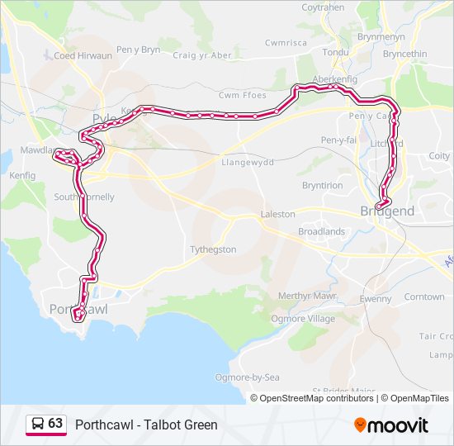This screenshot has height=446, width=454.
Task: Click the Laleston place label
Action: [x=277, y=214]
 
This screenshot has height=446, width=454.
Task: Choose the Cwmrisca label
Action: [x=286, y=42]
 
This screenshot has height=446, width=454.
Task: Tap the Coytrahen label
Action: [x=323, y=7]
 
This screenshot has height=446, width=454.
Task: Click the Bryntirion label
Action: [x=322, y=186]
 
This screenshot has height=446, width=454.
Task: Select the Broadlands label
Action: [x=321, y=231]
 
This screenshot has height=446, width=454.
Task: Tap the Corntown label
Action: [x=424, y=297]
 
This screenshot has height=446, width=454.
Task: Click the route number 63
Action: [x=55, y=423]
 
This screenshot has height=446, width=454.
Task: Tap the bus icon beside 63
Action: [x=38, y=424]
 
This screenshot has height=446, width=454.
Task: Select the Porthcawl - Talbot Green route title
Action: [x=146, y=425]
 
